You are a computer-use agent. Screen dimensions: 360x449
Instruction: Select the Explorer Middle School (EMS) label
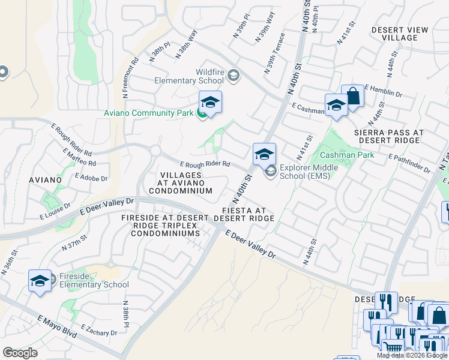click(309, 172)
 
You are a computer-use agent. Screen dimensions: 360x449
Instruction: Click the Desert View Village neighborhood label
click(400, 34)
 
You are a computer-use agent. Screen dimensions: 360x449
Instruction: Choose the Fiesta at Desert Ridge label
click(248, 214)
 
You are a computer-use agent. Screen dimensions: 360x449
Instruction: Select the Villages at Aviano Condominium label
click(181, 182)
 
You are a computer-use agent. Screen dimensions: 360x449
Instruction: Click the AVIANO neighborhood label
click(45, 179)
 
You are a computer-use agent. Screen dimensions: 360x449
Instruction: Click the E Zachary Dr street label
click(98, 330)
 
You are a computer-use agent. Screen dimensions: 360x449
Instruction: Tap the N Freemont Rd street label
click(130, 77)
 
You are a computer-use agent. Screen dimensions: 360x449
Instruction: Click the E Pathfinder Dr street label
click(410, 163)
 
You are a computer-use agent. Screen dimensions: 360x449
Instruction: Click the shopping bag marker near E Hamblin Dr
click(353, 97)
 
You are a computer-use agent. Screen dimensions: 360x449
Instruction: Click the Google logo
click(20, 352)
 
